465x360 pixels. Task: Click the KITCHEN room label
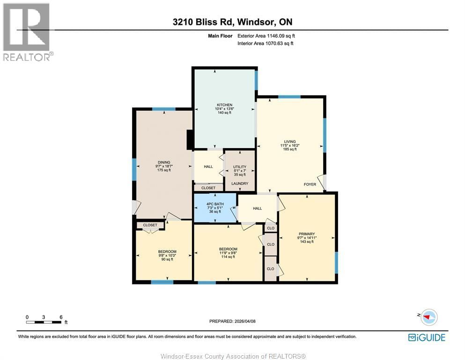coord(224,105)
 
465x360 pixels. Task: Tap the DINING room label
coord(163,162)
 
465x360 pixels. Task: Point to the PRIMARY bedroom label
coord(307,234)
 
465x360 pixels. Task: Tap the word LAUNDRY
coord(239,183)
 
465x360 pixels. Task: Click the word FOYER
coord(310,184)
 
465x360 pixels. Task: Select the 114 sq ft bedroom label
coord(228,249)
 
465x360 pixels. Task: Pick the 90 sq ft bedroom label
coord(167,252)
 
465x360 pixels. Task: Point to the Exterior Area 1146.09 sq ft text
coord(266,36)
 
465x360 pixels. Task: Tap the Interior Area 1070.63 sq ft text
coord(266,44)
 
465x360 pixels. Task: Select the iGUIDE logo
coord(427,337)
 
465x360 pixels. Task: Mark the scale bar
coord(44,322)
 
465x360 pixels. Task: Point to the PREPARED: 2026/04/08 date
coord(232,321)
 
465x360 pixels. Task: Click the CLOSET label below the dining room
coord(150,225)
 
